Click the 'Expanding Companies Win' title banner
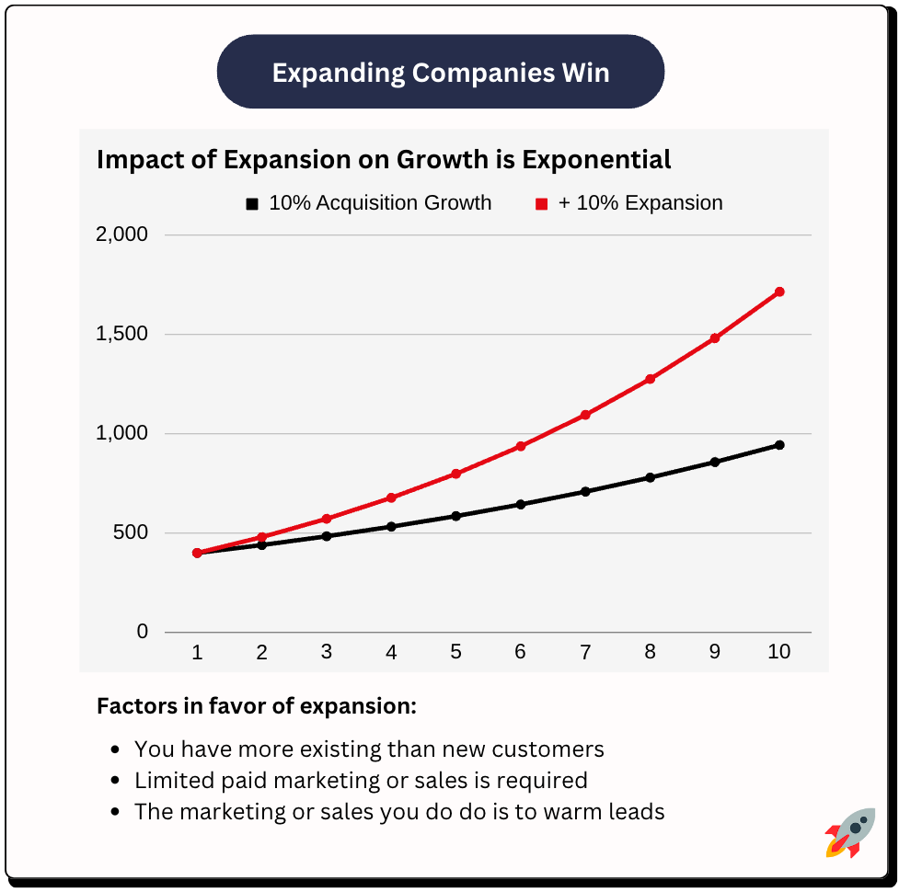[440, 73]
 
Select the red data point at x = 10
[779, 292]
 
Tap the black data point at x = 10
[779, 445]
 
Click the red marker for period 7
[585, 415]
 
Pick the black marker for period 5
[455, 516]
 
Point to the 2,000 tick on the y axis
[121, 234]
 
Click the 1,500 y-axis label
[121, 334]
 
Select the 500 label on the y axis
[129, 533]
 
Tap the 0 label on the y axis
[142, 633]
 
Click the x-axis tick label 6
[521, 652]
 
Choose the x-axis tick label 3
[327, 652]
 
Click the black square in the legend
[252, 204]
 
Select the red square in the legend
[542, 204]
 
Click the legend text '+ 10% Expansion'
[640, 203]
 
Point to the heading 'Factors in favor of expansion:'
[257, 707]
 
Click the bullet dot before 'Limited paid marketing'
[115, 782]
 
